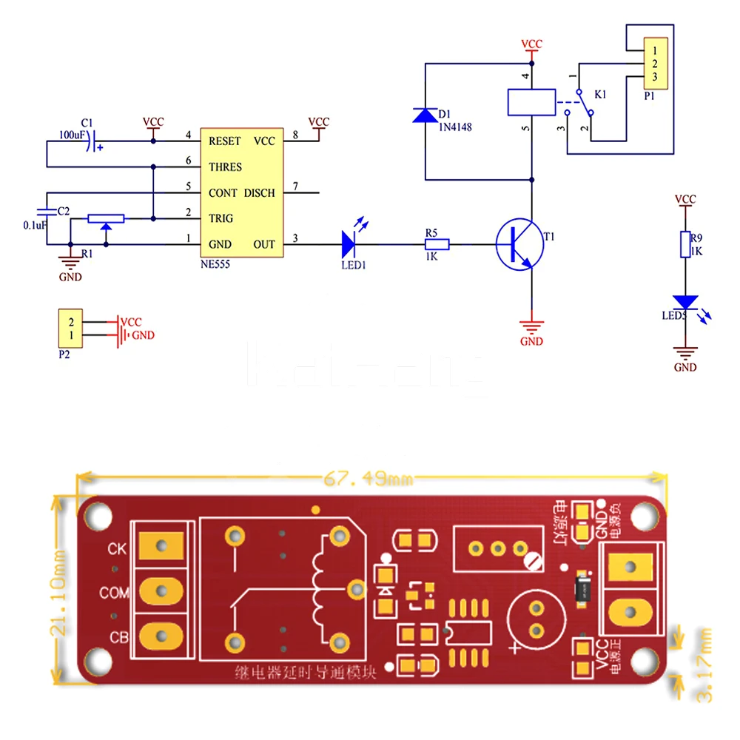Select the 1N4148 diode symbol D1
pos(425,115)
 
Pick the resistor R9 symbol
pos(685,243)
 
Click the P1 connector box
pos(655,62)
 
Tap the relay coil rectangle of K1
pos(531,102)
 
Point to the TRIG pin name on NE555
pos(221,218)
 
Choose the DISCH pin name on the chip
pos(259,192)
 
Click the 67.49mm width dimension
pos(368,480)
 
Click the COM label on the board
pos(115,593)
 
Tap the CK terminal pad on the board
pos(161,548)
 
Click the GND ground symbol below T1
pos(531,326)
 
